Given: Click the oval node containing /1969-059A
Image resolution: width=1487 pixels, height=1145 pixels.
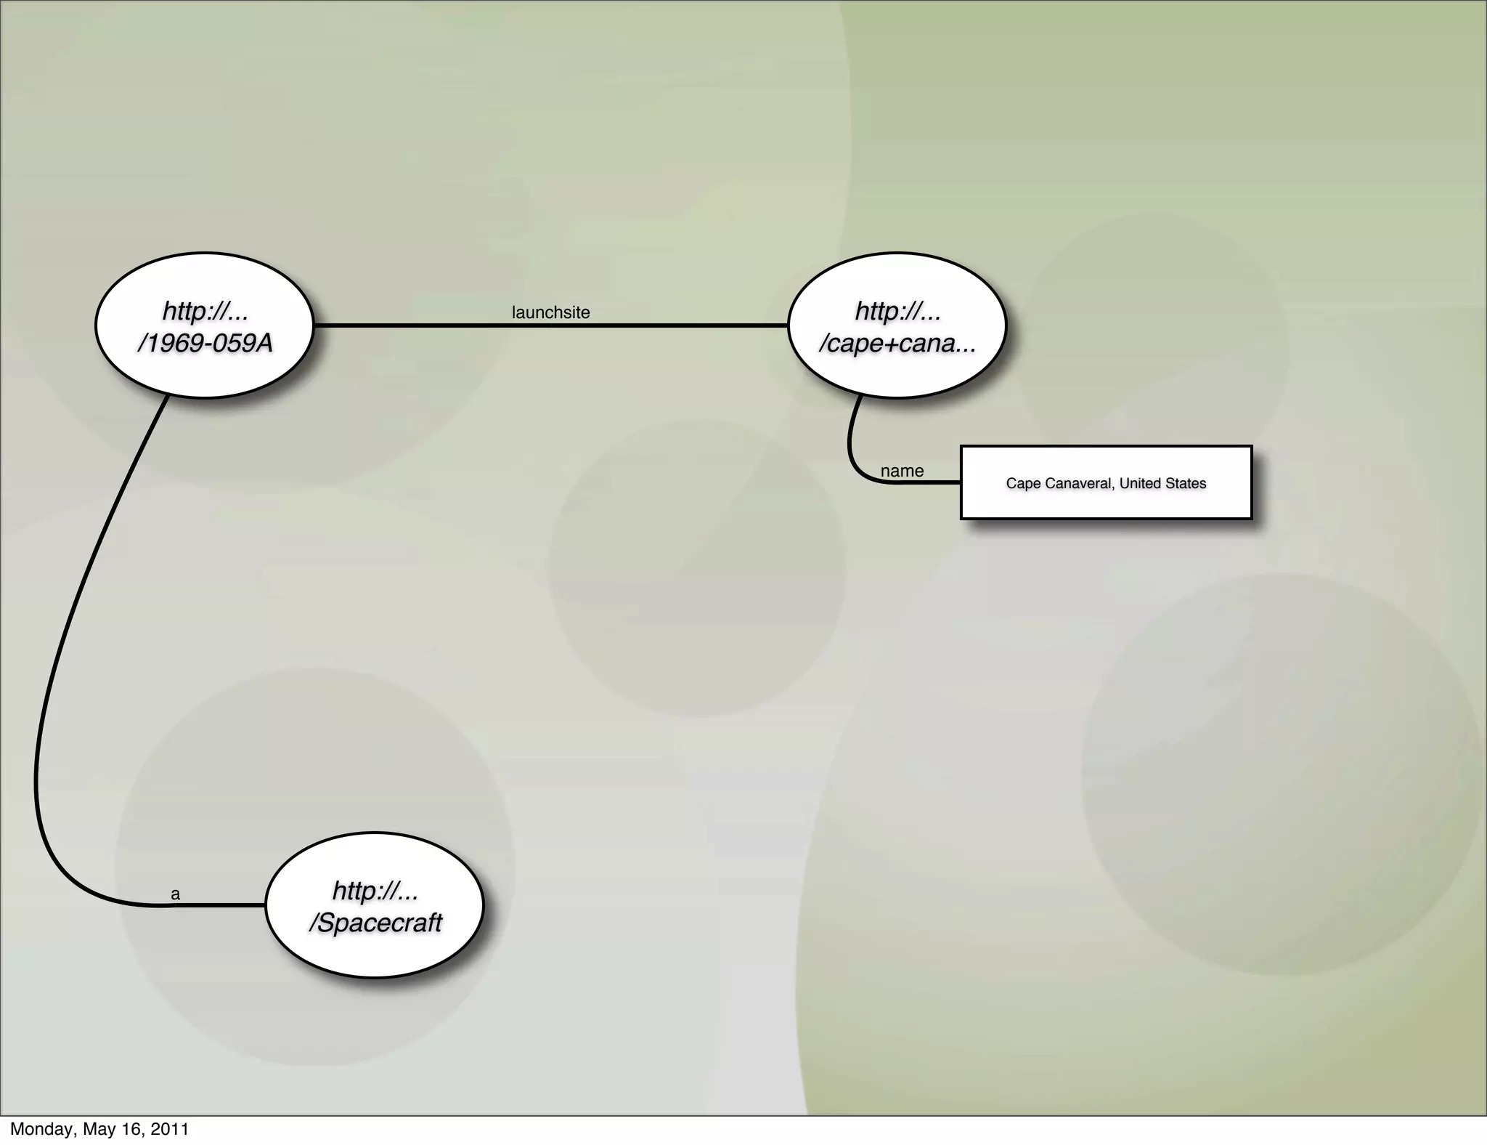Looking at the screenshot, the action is [x=204, y=325].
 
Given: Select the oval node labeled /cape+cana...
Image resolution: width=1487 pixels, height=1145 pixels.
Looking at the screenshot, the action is [x=897, y=325].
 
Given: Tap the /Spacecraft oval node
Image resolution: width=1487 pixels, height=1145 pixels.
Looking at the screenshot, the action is [x=374, y=905].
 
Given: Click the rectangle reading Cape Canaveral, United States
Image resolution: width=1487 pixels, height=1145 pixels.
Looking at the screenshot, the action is [x=1106, y=482].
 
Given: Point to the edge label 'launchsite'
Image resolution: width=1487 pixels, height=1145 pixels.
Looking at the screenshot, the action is [x=550, y=312].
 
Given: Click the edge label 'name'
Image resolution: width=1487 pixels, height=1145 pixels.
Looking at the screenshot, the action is [x=902, y=471].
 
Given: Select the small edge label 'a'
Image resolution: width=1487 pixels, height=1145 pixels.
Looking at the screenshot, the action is [x=175, y=894].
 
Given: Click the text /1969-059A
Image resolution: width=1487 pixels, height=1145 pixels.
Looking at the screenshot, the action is [x=205, y=343].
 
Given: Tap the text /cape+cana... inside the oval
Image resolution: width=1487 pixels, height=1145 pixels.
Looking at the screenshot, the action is [x=897, y=343].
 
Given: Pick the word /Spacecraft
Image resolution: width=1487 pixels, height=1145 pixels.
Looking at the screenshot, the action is [x=375, y=923].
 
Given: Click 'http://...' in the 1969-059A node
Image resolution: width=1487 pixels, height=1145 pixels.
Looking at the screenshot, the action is [x=205, y=311].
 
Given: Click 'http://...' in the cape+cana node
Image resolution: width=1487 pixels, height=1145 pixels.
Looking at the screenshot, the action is [x=898, y=311].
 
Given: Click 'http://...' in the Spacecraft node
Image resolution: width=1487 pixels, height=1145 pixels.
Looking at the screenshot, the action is [x=375, y=891].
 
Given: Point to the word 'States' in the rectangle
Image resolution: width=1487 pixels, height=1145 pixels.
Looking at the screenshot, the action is [x=1186, y=483].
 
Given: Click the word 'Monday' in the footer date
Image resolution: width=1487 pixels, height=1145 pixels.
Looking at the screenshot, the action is [x=42, y=1129].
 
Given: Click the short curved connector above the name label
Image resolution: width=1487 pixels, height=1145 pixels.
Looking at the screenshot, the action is [x=850, y=436].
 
